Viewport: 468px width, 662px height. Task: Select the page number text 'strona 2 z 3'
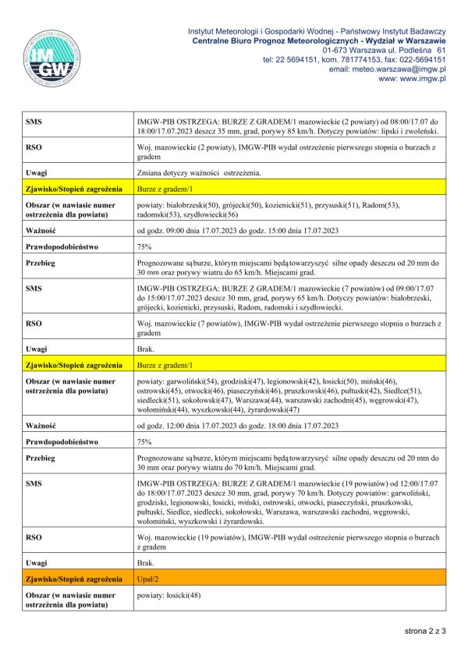(424, 629)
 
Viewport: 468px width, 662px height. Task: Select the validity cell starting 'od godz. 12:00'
(237, 425)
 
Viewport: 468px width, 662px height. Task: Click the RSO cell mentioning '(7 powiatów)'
(285, 327)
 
